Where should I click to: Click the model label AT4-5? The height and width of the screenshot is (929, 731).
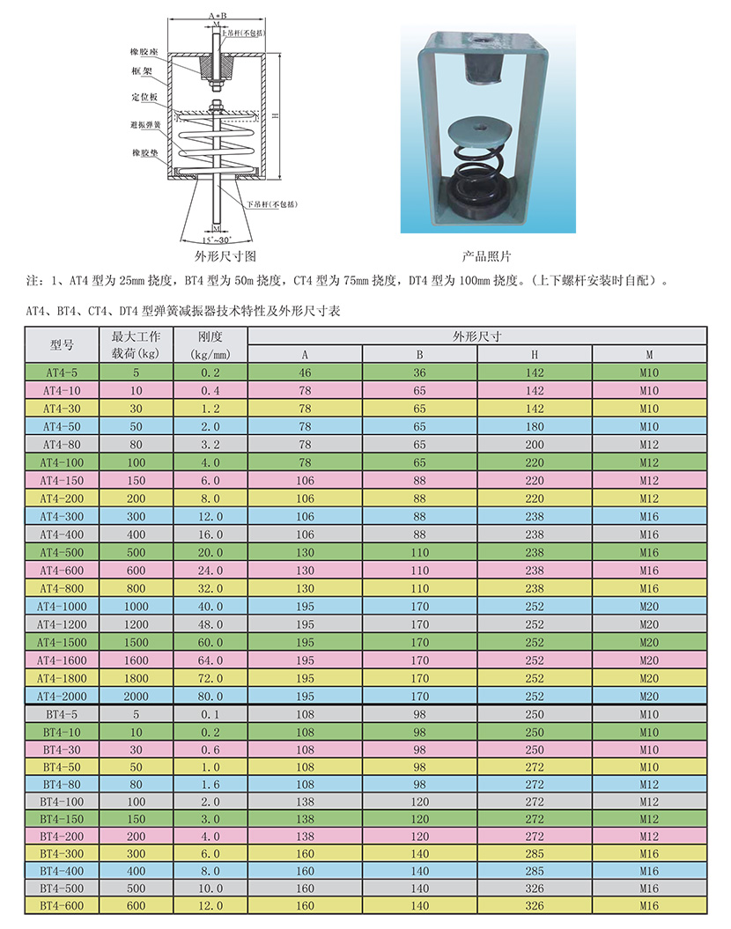62,372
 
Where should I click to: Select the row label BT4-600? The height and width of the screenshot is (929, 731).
62,905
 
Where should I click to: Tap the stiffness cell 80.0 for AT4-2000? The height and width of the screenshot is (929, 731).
210,697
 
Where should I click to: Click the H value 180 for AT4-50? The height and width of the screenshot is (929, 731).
535,426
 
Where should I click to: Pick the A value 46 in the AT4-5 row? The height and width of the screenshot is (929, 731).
305,372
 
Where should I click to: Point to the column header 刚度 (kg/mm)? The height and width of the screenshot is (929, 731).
210,345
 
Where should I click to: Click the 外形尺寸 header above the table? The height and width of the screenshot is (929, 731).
476,336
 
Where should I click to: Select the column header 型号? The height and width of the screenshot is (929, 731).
62,345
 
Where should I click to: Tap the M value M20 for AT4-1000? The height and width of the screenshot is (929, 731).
649,606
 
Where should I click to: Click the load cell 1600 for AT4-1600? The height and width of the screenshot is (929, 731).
137,660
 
